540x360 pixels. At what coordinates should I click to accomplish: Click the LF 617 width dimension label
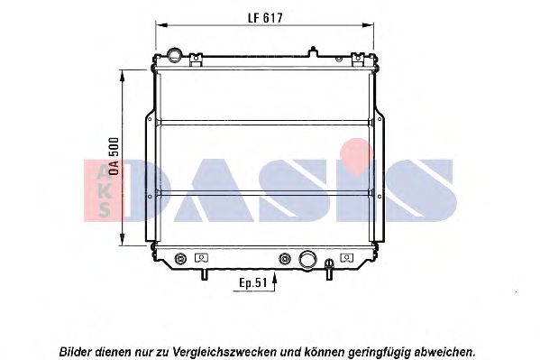tap(265, 18)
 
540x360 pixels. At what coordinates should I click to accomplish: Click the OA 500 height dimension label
tap(114, 156)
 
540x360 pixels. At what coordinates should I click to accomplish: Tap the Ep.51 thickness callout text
tap(253, 283)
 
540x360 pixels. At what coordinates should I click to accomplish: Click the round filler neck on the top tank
tap(174, 55)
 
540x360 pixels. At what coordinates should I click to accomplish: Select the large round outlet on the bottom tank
tap(307, 259)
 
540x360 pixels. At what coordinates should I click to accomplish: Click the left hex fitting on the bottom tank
tap(180, 258)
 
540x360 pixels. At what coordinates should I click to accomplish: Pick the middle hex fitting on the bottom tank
tap(285, 258)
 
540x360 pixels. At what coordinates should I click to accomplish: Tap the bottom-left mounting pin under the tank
tap(205, 274)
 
